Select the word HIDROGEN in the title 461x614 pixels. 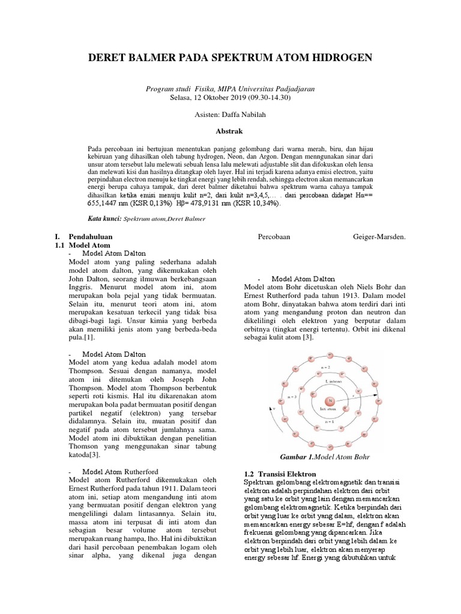337,58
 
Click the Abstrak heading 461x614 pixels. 230,130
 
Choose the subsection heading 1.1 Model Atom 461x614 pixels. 83,245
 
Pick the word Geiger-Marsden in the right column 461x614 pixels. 379,237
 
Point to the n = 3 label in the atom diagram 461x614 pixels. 293,396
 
